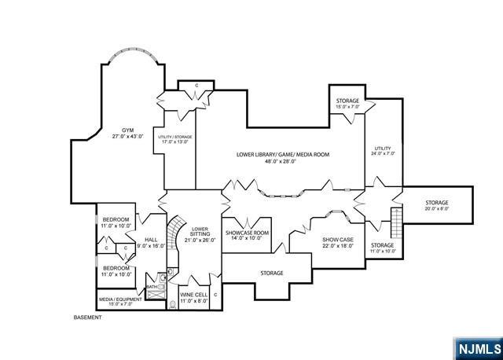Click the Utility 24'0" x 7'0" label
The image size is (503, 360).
click(382, 150)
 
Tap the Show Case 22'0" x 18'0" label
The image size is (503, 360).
click(338, 243)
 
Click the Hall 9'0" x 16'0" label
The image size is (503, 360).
click(151, 243)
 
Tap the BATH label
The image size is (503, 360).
click(151, 287)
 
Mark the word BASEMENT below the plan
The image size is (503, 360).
click(88, 318)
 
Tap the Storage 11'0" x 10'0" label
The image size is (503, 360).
click(382, 248)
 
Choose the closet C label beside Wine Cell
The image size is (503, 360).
click(215, 295)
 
